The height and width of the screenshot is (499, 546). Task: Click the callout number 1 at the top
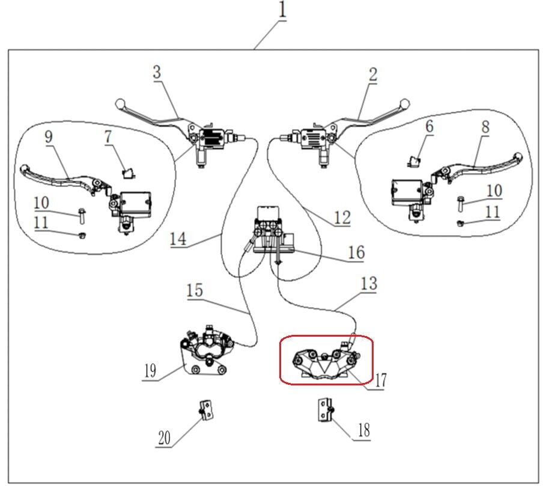pos(282,10)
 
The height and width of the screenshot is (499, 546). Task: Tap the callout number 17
pos(380,380)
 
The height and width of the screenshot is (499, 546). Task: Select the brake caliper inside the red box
pos(325,363)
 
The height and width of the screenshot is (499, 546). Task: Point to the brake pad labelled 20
pos(205,411)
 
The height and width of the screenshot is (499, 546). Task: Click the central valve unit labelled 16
pos(271,231)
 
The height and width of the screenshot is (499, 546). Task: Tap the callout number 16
pos(356,252)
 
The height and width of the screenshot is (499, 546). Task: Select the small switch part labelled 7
pos(127,174)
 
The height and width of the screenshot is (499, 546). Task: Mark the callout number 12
pos(341,217)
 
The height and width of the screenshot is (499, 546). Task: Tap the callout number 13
pos(369,283)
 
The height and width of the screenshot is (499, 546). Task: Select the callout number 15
pos(195,290)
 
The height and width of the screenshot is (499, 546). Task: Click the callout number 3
pos(157,72)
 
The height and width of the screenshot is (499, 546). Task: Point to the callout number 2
pos(373,75)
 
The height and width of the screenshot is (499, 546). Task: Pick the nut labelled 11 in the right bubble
pos(460,223)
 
